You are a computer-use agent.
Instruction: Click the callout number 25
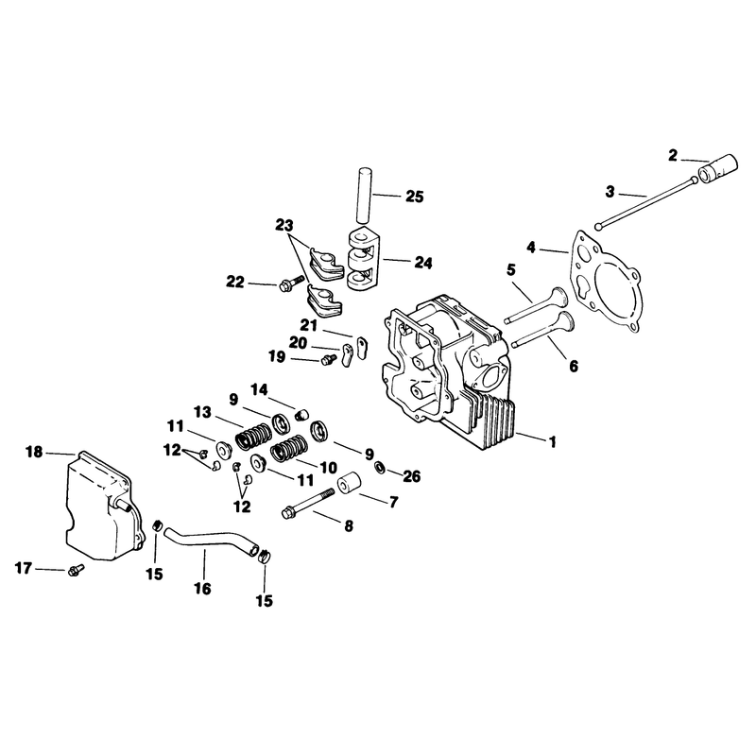pos(414,197)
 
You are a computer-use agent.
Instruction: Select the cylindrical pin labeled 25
pos(366,195)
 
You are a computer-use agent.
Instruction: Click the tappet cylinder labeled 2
pos(718,167)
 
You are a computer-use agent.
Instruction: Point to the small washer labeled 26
pos(380,467)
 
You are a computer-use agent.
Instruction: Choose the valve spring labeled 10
pos(288,448)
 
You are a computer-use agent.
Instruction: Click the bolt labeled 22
pos(291,283)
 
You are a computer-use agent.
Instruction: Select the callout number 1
pos(553,441)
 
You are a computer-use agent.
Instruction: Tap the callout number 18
pos(34,453)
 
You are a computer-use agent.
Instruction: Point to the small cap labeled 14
pos(301,414)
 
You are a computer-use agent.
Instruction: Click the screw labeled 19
pos(329,359)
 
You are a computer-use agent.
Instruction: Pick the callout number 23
pos(284,225)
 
